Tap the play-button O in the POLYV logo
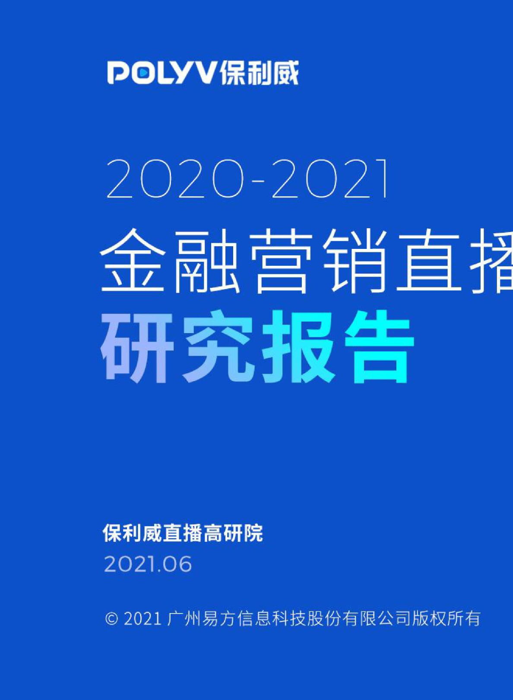point(143,73)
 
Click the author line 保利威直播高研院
point(183,533)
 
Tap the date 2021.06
point(148,564)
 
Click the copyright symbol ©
point(111,619)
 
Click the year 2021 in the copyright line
point(142,619)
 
